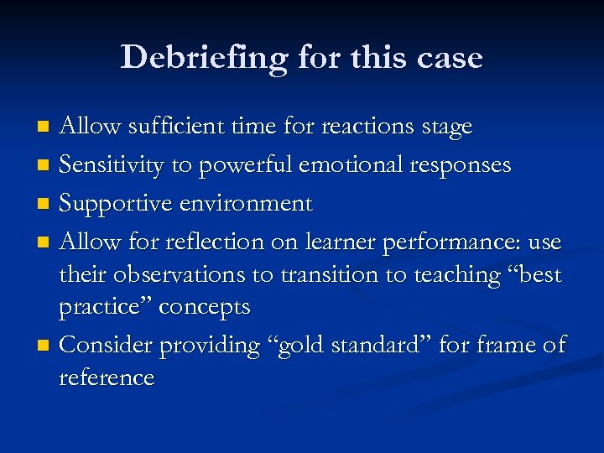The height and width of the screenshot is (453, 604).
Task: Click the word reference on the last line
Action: click(x=107, y=377)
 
